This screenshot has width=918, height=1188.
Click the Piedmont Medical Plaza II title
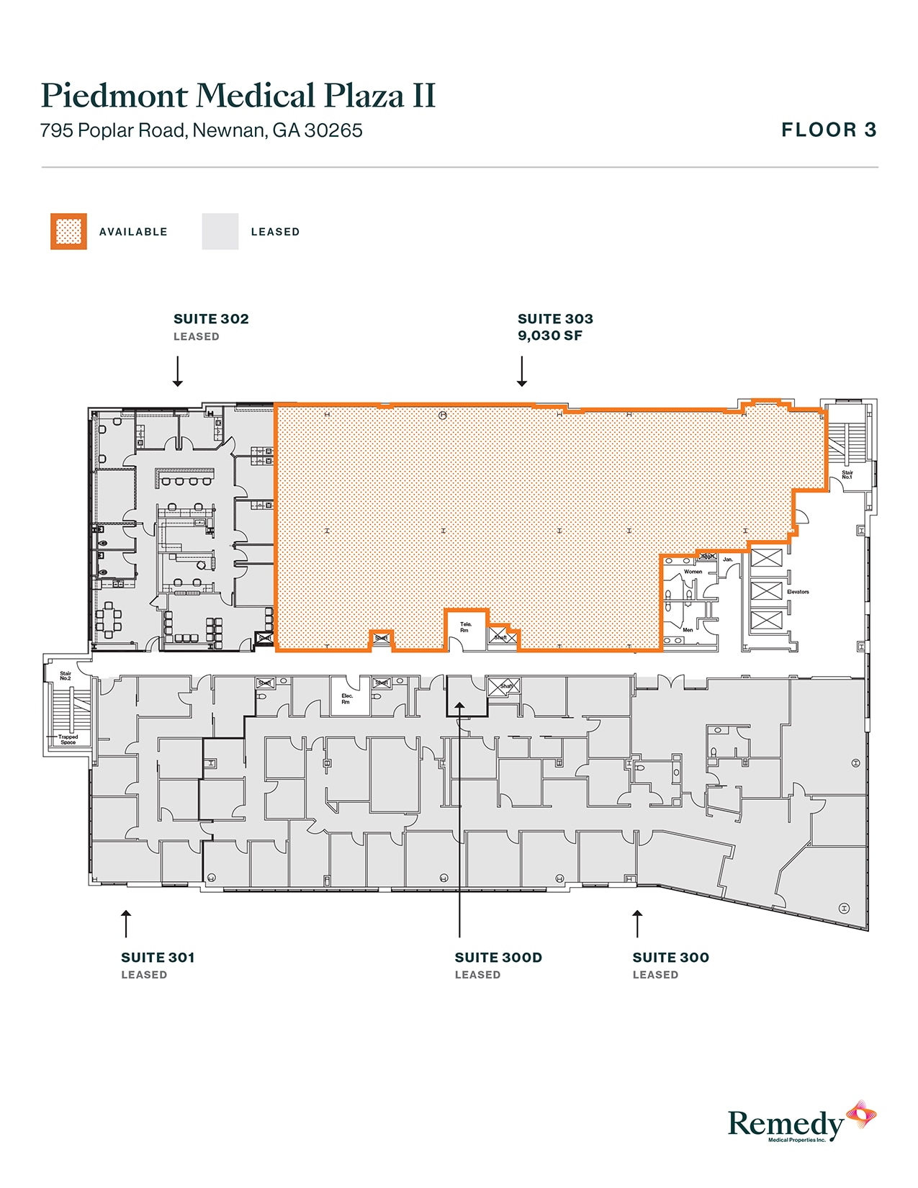pos(238,96)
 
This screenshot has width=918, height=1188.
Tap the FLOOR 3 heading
pos(829,130)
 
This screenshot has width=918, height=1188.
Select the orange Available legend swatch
pos(68,232)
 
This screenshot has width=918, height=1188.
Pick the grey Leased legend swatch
pos(220,232)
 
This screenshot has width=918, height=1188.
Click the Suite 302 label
pos(211,319)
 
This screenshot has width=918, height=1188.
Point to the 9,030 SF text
pos(549,336)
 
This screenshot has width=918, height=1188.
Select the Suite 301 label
pos(158,958)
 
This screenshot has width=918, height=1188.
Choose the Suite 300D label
pos(498,958)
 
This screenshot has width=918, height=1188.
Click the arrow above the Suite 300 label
pos(637,924)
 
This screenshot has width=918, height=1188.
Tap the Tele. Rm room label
pos(466,627)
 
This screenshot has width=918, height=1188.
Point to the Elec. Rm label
pos(347,698)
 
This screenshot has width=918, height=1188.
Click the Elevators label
pos(798,592)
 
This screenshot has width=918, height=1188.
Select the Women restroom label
pos(693,572)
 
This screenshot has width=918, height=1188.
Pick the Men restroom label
pos(688,630)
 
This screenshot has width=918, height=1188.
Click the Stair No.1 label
pos(847,475)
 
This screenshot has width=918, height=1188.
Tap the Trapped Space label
pos(68,739)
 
